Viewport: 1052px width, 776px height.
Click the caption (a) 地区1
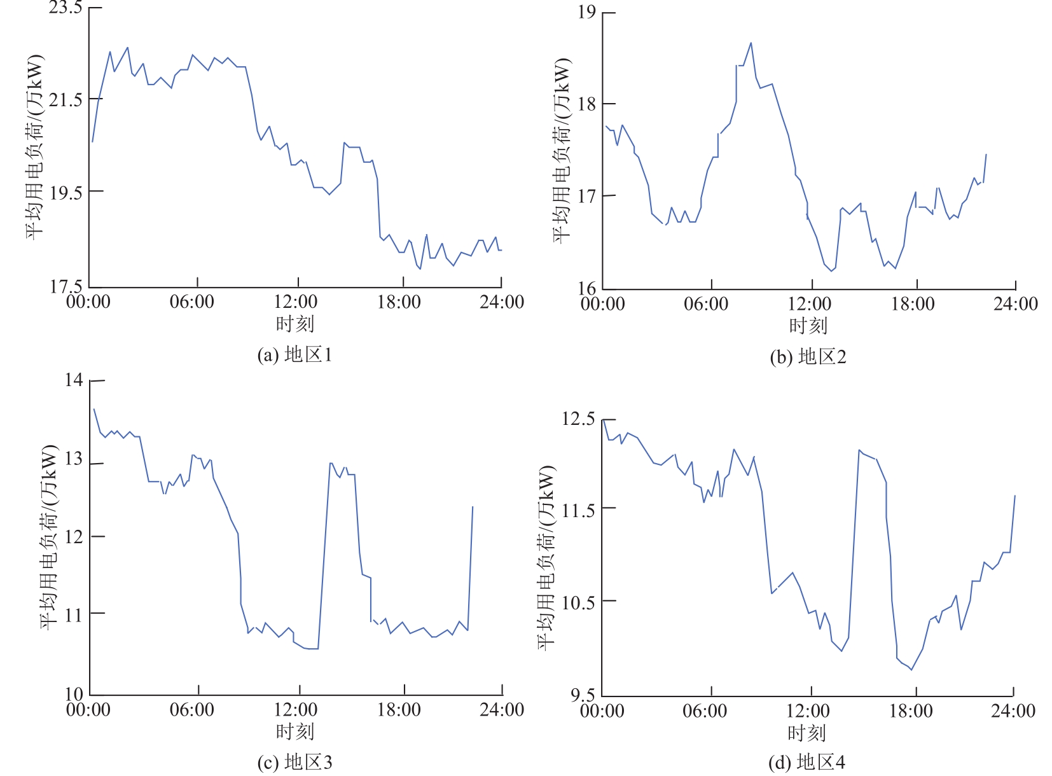coord(294,354)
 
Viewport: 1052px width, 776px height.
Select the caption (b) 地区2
coord(808,357)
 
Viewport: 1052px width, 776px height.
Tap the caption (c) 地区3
coord(294,762)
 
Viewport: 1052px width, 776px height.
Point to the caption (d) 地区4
coord(806,762)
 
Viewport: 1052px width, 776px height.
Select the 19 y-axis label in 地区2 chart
coord(586,13)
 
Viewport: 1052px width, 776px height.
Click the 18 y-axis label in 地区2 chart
coord(586,104)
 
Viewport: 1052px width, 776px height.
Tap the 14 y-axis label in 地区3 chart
coord(74,380)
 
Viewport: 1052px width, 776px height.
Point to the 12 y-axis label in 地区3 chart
coord(74,537)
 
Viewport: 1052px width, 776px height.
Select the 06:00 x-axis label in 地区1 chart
coord(191,301)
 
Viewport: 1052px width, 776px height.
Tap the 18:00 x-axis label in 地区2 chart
coord(912,304)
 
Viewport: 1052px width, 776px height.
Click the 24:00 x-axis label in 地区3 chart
coord(501,710)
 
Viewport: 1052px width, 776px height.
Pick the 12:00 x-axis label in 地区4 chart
coord(808,710)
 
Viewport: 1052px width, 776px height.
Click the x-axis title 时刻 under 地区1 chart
coord(294,324)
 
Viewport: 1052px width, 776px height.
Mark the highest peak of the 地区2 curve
coord(751,43)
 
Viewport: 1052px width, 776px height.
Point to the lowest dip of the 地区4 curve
coord(911,670)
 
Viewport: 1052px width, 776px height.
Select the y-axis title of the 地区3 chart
coord(50,537)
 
